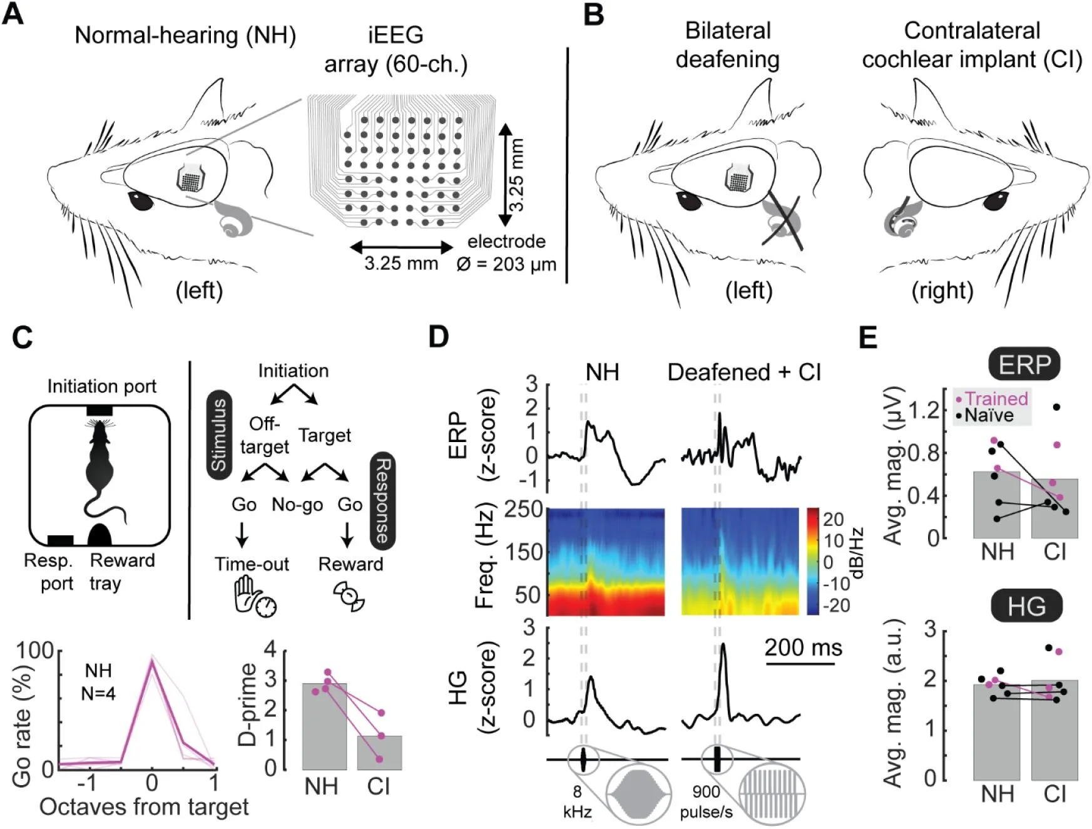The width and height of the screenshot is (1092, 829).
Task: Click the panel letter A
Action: [14, 14]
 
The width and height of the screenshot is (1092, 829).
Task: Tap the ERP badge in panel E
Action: [1024, 364]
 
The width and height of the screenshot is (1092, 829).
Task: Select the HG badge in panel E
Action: [1026, 605]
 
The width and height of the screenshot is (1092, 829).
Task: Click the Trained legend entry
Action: [992, 398]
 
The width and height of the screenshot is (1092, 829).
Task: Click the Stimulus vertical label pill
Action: [218, 435]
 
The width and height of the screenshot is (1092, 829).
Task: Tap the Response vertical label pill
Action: [382, 501]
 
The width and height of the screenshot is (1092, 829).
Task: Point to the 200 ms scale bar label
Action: [803, 647]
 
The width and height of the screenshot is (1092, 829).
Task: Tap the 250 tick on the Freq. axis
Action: [524, 510]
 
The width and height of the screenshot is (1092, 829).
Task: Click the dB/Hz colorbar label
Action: [857, 554]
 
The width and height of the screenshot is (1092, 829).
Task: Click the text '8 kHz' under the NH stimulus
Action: [577, 802]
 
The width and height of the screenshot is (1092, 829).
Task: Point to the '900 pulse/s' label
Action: [707, 802]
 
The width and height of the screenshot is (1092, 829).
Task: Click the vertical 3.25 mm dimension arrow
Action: [505, 175]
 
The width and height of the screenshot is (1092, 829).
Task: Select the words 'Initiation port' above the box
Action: [101, 386]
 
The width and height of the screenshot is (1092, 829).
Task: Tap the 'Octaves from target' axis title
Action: [144, 807]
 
